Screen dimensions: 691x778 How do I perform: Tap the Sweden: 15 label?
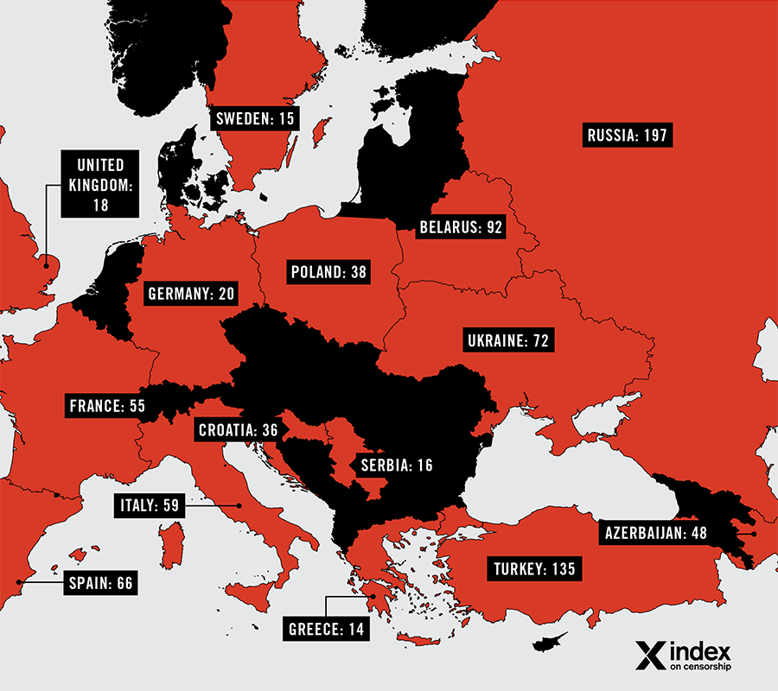point(254,119)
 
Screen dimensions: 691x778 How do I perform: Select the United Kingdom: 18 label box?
point(100,185)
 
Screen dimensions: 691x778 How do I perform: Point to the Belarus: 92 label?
point(460,228)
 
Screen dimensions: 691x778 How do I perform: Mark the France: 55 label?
point(105,404)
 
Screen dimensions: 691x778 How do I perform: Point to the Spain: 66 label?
point(100,583)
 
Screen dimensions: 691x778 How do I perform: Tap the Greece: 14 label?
point(326,628)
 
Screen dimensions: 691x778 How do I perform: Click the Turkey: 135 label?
point(533,569)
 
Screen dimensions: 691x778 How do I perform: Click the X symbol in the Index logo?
point(648,655)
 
